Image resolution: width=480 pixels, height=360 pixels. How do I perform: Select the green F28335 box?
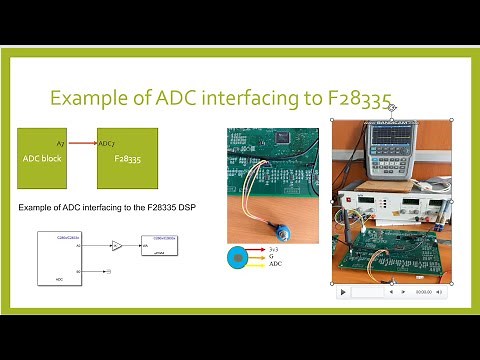click(126, 157)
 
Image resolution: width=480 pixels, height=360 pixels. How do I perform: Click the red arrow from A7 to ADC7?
click(86, 144)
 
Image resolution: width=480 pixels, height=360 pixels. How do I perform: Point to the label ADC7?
click(107, 144)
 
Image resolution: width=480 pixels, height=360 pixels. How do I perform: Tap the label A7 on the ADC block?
click(61, 144)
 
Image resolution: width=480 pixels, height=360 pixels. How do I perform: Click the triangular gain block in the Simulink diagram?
click(117, 244)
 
